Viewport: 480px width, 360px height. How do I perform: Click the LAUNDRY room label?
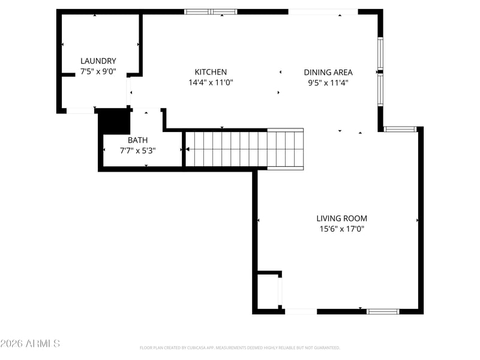(x=98, y=61)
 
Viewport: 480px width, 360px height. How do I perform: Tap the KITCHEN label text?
(x=211, y=72)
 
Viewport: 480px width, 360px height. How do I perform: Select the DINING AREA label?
(x=328, y=72)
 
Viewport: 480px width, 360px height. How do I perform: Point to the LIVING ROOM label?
(x=341, y=218)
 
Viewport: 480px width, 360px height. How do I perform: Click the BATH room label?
(x=138, y=140)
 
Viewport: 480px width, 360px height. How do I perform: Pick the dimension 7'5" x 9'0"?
(x=98, y=71)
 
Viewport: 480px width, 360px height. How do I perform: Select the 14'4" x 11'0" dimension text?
(x=211, y=82)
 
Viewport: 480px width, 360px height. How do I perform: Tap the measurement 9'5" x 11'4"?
(x=328, y=83)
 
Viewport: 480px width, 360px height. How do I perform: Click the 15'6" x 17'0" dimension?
(x=341, y=229)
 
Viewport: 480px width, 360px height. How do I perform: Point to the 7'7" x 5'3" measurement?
(x=138, y=151)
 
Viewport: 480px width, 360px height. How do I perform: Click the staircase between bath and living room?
(x=245, y=149)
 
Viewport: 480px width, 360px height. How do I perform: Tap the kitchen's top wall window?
(x=211, y=12)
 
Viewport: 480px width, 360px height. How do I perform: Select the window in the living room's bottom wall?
(x=383, y=311)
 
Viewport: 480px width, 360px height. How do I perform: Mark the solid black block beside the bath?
(x=114, y=121)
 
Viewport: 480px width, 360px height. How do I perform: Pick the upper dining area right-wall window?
(x=380, y=53)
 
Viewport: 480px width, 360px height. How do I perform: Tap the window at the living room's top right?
(x=400, y=129)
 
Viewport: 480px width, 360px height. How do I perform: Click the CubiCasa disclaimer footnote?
(x=239, y=348)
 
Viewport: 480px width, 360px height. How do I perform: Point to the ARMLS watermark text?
(x=30, y=343)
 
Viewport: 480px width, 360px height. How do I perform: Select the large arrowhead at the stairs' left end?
(x=187, y=149)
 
